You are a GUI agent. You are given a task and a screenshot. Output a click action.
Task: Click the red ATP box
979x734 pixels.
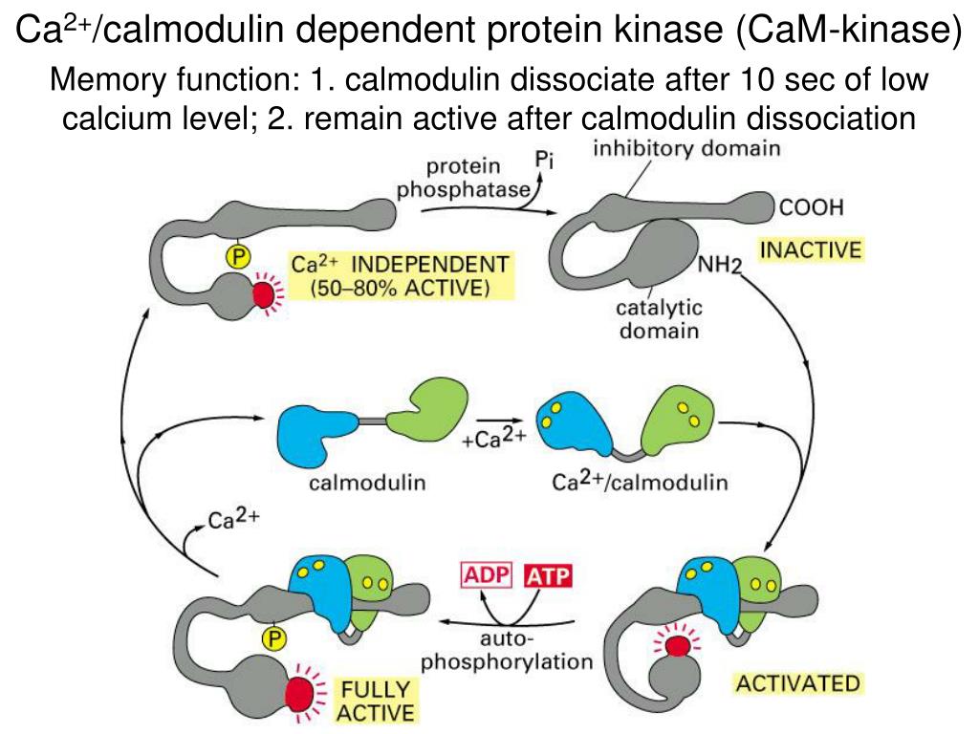click(x=549, y=576)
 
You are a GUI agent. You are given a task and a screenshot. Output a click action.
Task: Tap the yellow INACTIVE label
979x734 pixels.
click(x=811, y=250)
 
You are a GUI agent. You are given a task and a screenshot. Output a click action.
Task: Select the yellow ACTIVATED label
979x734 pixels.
click(x=796, y=683)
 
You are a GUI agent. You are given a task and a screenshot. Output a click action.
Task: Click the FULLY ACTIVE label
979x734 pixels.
click(x=376, y=700)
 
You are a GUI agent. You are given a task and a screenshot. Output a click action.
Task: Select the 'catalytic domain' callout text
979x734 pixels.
click(x=659, y=320)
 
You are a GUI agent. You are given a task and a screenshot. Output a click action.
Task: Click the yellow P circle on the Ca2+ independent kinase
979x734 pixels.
click(x=235, y=255)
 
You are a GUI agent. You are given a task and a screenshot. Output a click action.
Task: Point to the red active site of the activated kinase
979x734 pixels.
click(x=679, y=647)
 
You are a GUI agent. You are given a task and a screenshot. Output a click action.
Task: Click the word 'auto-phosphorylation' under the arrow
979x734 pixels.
click(x=507, y=650)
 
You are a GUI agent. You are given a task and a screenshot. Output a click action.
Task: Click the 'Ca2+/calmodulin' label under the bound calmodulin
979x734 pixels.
click(x=640, y=482)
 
